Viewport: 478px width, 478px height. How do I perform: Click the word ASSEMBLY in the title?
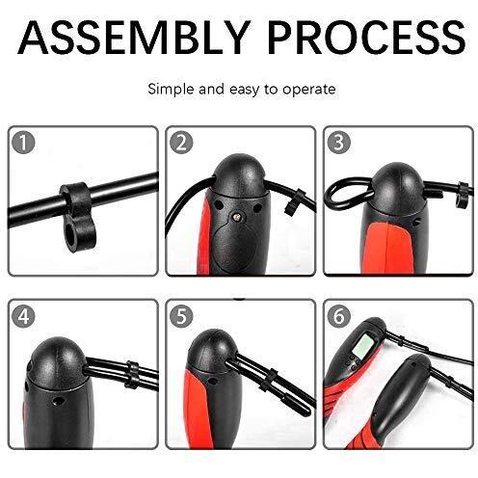(134, 38)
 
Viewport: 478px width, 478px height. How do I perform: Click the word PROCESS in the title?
(366, 38)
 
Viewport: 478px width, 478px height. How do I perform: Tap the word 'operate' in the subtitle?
(309, 90)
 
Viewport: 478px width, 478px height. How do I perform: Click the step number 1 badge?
(23, 143)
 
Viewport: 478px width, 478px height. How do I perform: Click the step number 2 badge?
(181, 143)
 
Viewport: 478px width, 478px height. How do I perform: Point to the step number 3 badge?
(338, 142)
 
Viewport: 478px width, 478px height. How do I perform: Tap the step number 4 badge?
(23, 316)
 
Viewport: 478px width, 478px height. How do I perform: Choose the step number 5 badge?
(181, 316)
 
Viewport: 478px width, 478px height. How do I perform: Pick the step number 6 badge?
(338, 316)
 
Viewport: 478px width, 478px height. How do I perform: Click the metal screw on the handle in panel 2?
(237, 218)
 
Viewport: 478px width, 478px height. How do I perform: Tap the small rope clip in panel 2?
(295, 203)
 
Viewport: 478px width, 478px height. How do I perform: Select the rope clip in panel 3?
(464, 195)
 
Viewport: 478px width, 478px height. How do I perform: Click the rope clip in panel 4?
(132, 374)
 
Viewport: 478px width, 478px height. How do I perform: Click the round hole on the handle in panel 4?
(58, 401)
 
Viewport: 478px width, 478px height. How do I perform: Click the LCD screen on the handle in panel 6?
(362, 346)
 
